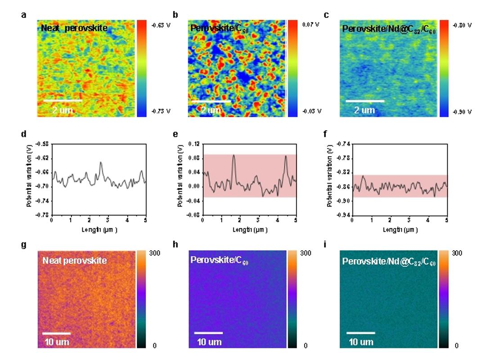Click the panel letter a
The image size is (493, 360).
[23, 15]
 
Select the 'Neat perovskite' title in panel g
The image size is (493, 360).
[75, 260]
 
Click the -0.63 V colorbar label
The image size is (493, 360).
[158, 25]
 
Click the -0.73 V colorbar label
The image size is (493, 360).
[158, 111]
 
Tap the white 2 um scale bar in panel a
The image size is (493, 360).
[63, 101]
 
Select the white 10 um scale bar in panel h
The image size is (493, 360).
[209, 333]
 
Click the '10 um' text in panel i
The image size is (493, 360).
[361, 342]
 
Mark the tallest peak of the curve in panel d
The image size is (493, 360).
[101, 162]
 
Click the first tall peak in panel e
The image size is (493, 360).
[233, 155]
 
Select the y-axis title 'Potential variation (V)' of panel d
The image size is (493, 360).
[29, 179]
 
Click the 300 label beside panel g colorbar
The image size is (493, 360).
[155, 253]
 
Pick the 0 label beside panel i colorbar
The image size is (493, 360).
[457, 346]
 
